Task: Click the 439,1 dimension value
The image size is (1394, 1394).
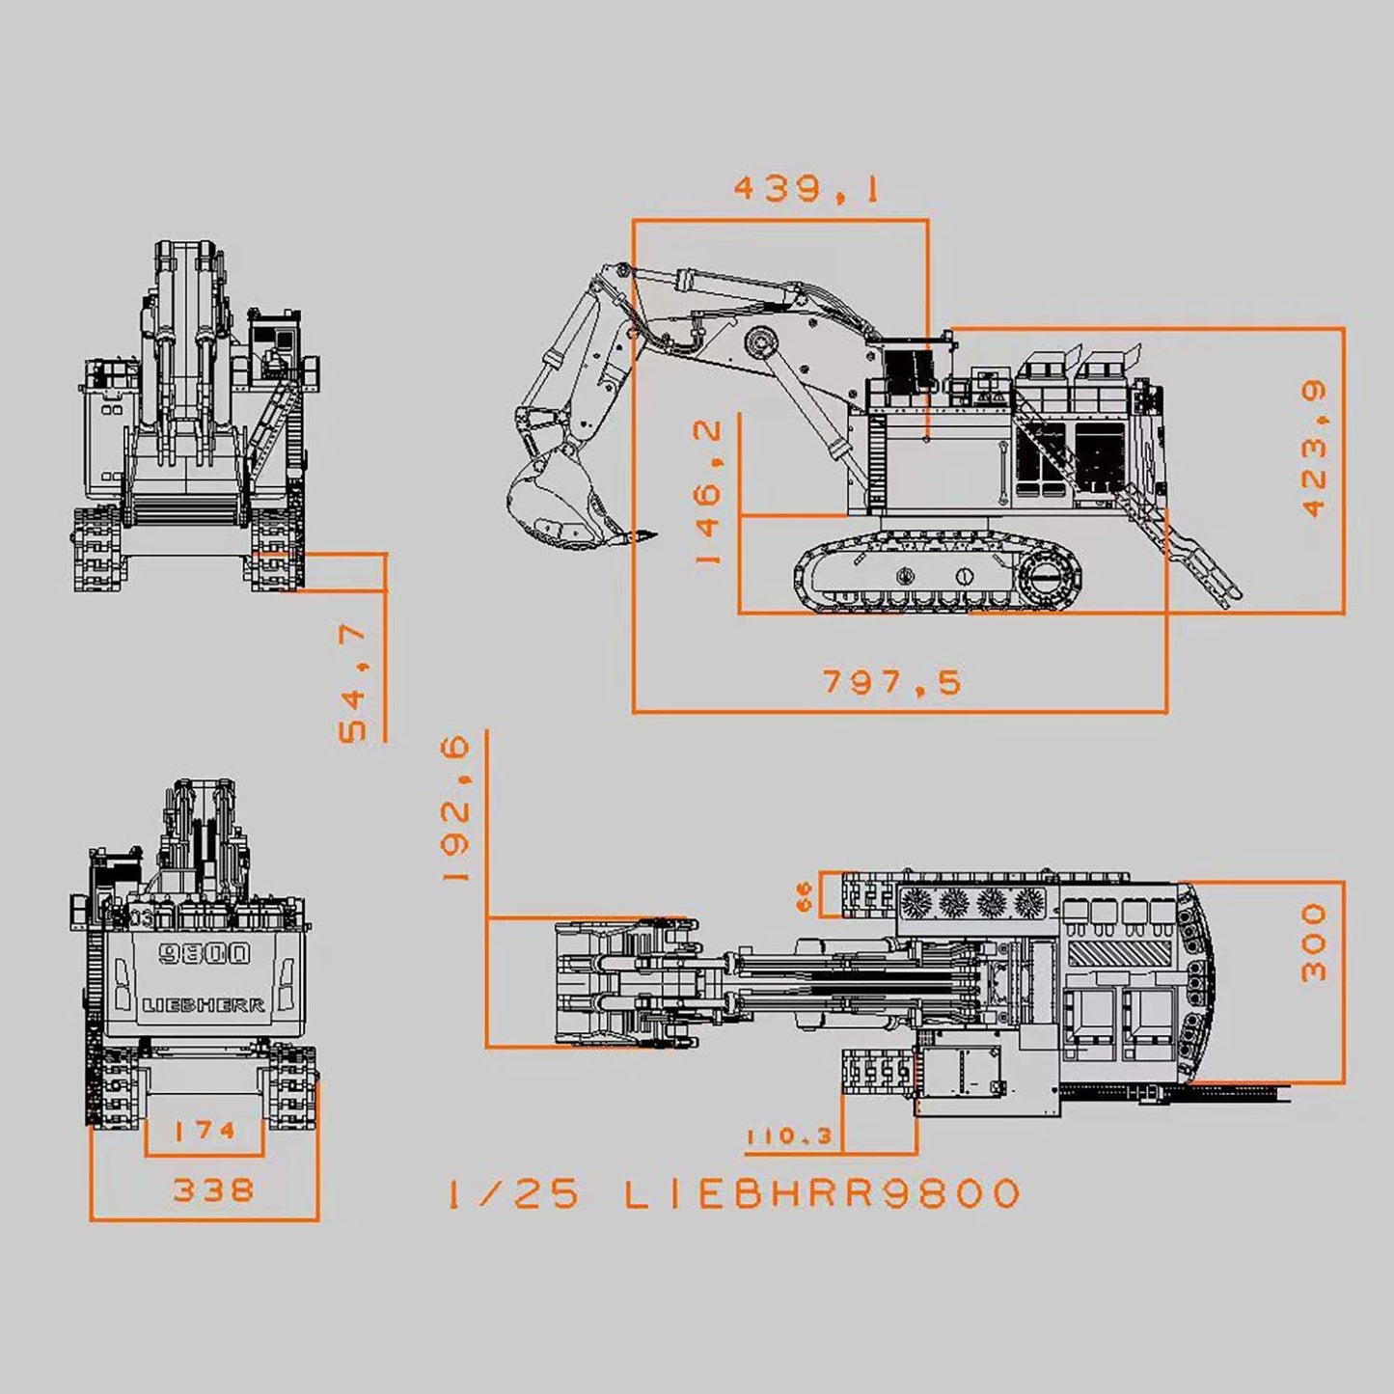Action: click(x=806, y=188)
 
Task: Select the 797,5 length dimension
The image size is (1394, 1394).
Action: click(x=892, y=682)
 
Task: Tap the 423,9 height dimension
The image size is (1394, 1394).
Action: click(x=1314, y=449)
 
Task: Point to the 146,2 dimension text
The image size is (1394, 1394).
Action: click(x=709, y=492)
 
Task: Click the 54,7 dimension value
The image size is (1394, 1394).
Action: click(x=354, y=682)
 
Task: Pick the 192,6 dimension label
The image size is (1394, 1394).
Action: click(x=455, y=808)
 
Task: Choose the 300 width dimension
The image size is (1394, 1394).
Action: click(x=1314, y=943)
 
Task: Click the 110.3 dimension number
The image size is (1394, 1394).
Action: click(x=789, y=1136)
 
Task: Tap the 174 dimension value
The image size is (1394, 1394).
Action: click(x=205, y=1130)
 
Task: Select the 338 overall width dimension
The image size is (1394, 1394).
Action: click(x=213, y=1189)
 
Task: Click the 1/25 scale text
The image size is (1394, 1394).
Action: click(x=513, y=1194)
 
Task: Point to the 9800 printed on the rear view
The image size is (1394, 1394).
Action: click(x=205, y=954)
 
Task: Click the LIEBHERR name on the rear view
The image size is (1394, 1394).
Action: click(x=204, y=1005)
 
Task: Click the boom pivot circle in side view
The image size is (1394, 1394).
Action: click(x=761, y=342)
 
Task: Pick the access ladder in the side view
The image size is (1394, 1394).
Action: click(x=1201, y=560)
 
